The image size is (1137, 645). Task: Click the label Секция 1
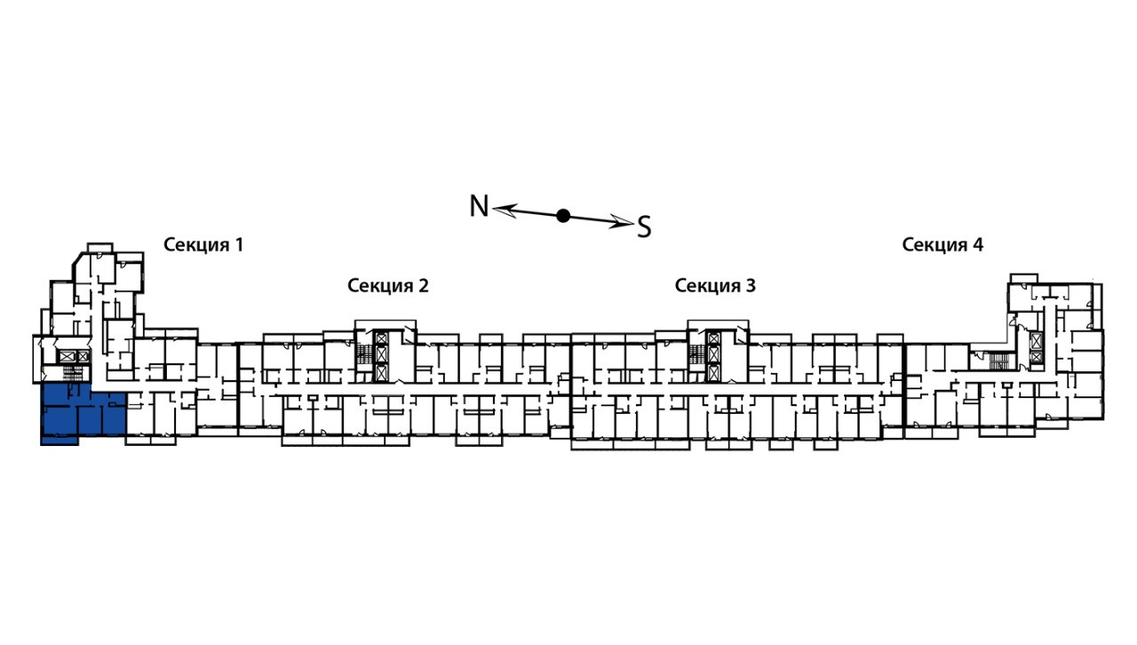203,244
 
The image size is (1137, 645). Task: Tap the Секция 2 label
387,285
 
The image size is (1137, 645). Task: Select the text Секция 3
715,285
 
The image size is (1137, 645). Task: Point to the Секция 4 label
942,244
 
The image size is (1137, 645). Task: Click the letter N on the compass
479,206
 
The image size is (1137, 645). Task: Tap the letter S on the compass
644,227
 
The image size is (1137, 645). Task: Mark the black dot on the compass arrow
562,215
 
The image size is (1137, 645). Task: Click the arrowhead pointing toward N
505,209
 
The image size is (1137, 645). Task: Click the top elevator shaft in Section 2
380,338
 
